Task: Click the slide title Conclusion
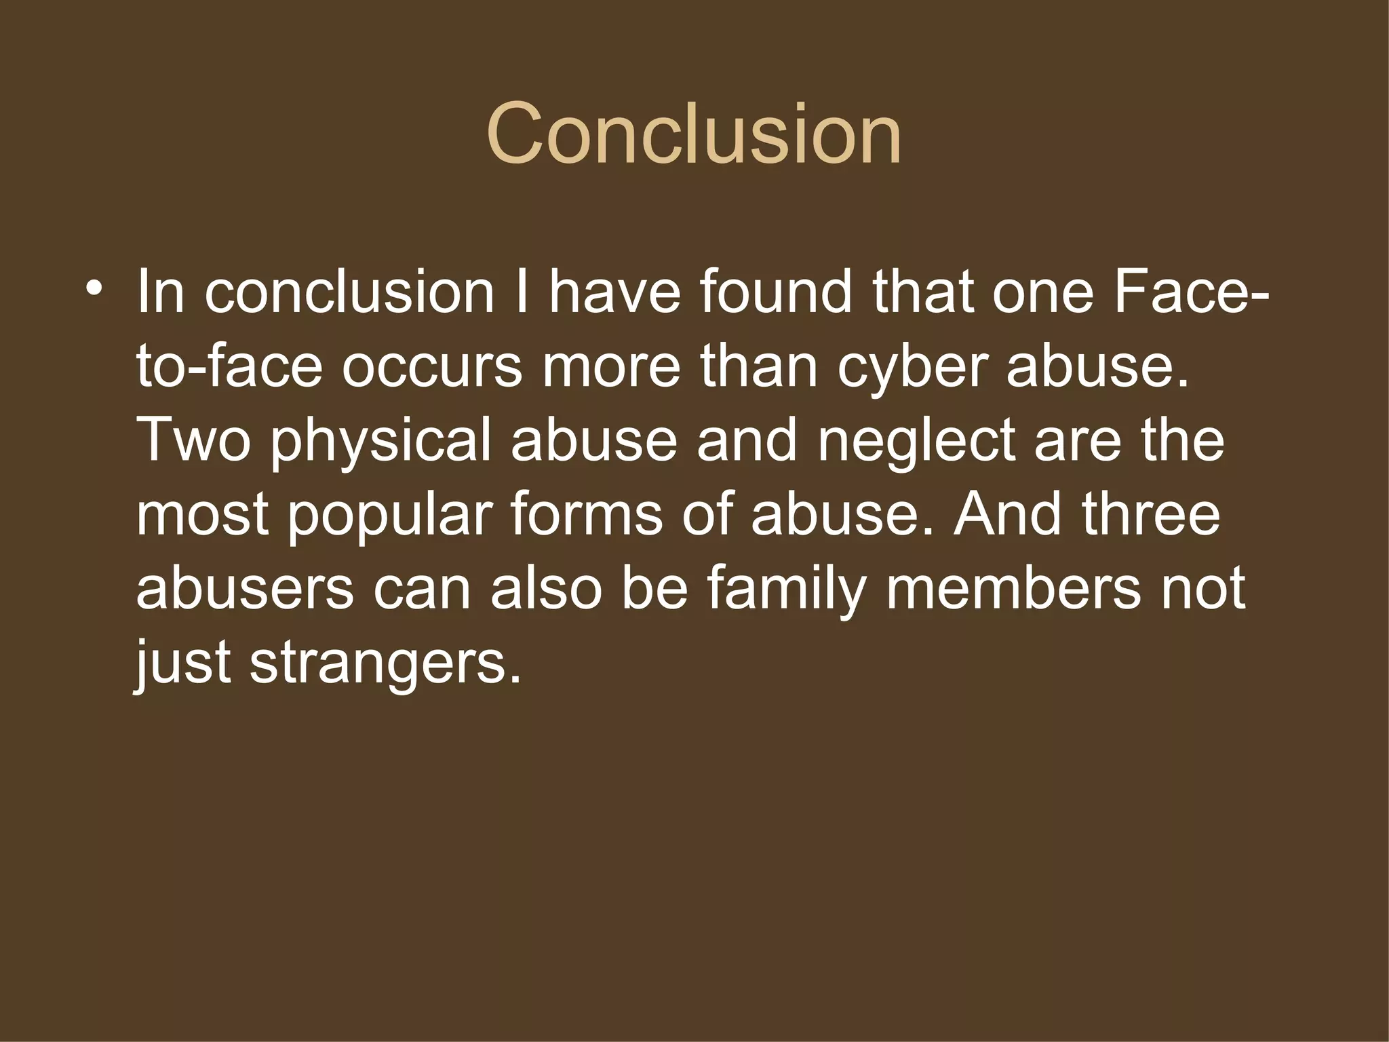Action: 694,134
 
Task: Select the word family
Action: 787,590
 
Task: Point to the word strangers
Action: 386,663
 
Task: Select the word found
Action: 775,293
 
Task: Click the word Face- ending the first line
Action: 1191,293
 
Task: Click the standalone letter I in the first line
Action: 521,293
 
